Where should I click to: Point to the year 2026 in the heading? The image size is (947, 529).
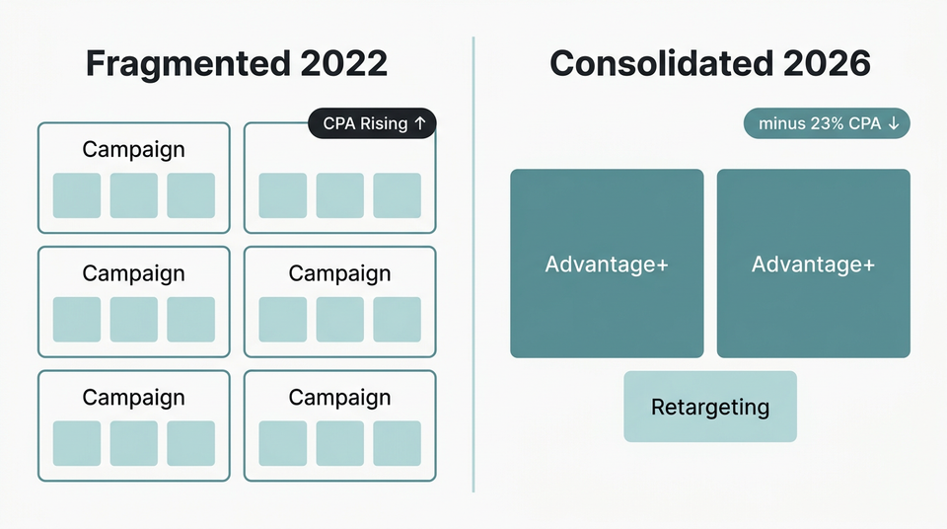[x=824, y=63]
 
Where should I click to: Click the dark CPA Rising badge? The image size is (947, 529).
[x=372, y=123]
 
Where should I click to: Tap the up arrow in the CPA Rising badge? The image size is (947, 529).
[x=419, y=123]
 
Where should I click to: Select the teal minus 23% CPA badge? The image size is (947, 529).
[x=826, y=123]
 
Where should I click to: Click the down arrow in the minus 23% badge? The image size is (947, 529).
[x=893, y=123]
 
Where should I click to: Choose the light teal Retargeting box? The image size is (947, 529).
[x=710, y=407]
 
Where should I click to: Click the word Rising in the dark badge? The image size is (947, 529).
[x=385, y=123]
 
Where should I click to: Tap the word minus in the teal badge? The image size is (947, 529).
[x=781, y=123]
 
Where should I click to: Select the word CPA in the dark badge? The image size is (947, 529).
[x=339, y=123]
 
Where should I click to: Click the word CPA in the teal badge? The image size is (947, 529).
[x=864, y=123]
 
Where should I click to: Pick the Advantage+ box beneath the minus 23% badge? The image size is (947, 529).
[x=813, y=264]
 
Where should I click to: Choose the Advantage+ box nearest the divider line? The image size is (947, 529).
[x=607, y=264]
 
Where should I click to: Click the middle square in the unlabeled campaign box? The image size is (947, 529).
[x=339, y=195]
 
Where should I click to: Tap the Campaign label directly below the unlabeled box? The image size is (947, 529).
[x=339, y=273]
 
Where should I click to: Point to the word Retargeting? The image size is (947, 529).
[x=710, y=407]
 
